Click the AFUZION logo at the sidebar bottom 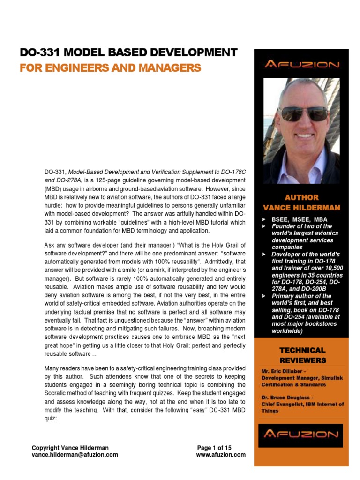300,434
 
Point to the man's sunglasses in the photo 297,113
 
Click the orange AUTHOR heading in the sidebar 301,197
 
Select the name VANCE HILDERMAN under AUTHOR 301,208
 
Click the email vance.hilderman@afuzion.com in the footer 75,455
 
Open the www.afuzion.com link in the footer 220,455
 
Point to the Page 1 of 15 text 214,448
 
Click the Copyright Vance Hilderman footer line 70,448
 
